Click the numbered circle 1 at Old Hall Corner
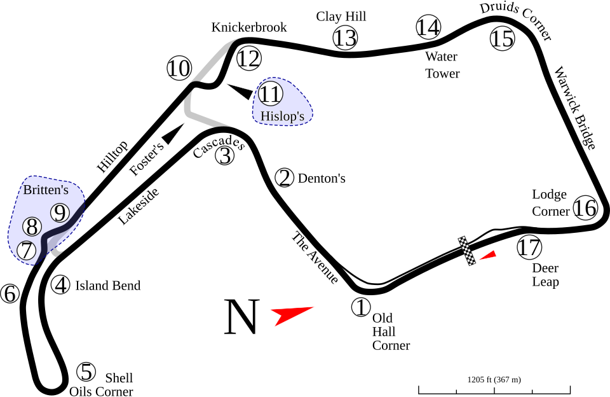(x=360, y=307)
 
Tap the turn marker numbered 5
(x=86, y=372)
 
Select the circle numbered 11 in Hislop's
(x=270, y=95)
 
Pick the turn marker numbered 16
(x=585, y=208)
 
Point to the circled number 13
(x=345, y=38)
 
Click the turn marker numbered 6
(x=10, y=294)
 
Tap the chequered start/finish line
(x=468, y=251)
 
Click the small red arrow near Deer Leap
(x=487, y=255)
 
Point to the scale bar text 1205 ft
(x=494, y=380)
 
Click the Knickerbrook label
(x=249, y=27)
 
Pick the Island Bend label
(x=107, y=286)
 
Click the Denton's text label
(x=321, y=179)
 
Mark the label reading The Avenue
(x=314, y=257)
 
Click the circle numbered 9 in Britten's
(x=59, y=213)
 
